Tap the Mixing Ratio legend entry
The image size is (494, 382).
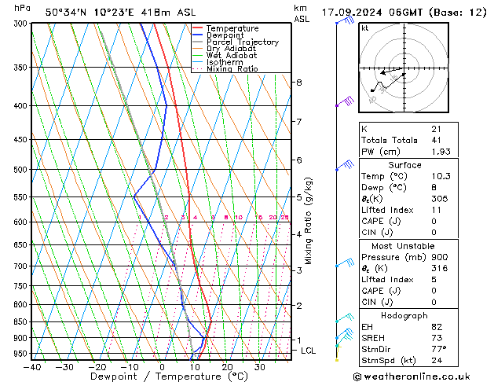click(232, 69)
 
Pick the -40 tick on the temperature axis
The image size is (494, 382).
click(32, 366)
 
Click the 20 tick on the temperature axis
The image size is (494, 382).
click(227, 366)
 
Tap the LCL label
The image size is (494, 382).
click(308, 351)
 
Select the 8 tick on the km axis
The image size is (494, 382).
click(298, 83)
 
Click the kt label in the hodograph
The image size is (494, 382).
click(365, 28)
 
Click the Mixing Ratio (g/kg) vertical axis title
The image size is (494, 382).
click(309, 221)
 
